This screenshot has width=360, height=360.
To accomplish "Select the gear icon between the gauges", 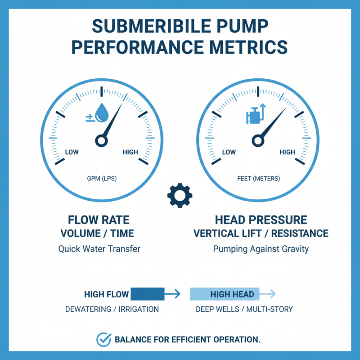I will point(180,195).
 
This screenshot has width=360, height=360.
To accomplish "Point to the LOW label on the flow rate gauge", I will point(72,152).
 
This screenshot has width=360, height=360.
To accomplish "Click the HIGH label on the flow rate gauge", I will point(130,152).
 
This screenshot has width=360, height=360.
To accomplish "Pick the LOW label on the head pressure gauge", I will point(229,152).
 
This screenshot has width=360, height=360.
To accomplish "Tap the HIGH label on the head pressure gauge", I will point(287,152).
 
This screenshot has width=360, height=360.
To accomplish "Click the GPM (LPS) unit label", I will point(101,179).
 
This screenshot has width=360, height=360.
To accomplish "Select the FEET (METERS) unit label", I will point(258,179).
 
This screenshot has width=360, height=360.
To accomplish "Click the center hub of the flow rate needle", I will point(101,141).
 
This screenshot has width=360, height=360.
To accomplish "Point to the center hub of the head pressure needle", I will point(258,141).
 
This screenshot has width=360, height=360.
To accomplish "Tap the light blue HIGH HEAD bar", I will point(225,294).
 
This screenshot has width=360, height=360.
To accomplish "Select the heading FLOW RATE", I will point(99,220).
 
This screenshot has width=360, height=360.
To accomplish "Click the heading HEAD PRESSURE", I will point(261,220).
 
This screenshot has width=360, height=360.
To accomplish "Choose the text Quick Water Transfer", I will point(99,248).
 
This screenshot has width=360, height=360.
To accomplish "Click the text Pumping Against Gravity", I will point(261,248).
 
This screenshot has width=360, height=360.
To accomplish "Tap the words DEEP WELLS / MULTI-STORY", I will point(244,310).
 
